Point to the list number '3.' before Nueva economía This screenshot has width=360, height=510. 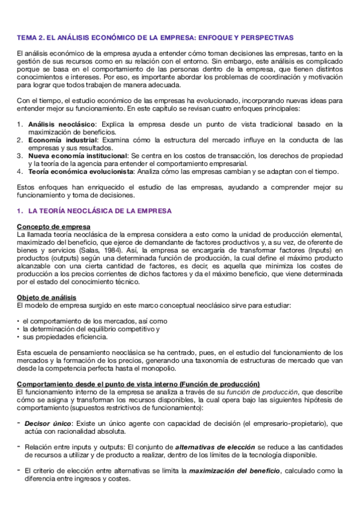[x=20, y=154]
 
